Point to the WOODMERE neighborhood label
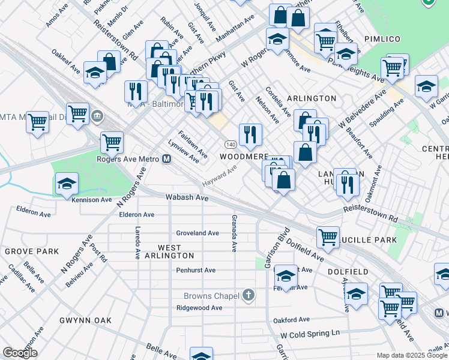coord(244,156)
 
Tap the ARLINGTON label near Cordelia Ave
coord(312,98)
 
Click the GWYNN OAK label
coord(86,320)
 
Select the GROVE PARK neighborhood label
coord(31,251)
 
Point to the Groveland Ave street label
coord(197,233)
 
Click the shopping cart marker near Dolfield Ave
coord(328,236)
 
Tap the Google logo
coord(20,353)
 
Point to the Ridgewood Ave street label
coord(199,308)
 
